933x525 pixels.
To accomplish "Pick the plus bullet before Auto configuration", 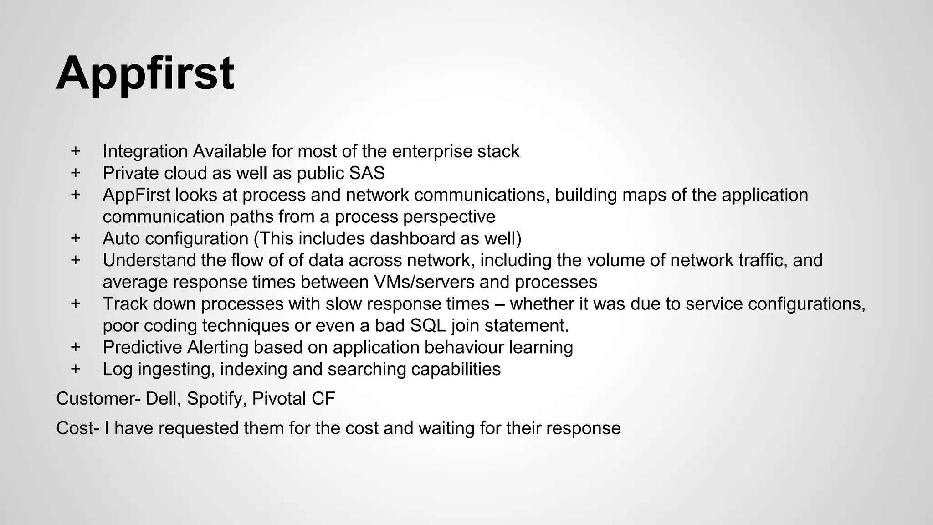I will pyautogui.click(x=76, y=238).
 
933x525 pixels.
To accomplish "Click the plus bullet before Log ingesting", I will pyautogui.click(x=76, y=369).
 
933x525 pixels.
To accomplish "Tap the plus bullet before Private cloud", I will pyautogui.click(x=76, y=173).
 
